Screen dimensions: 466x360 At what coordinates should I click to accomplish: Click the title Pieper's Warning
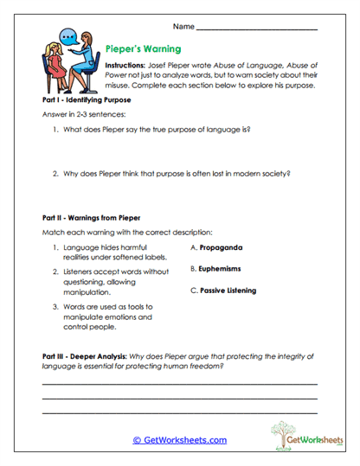(x=140, y=50)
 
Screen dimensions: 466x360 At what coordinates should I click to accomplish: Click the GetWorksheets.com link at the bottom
(x=179, y=440)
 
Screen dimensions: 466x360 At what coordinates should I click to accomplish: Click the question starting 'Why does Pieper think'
(x=172, y=174)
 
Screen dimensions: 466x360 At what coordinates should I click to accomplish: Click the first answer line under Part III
(x=179, y=383)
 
